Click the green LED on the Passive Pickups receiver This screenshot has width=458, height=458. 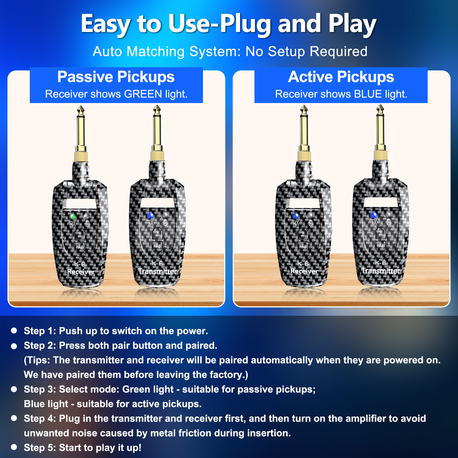tap(72, 216)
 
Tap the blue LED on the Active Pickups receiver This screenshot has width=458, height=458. tap(295, 216)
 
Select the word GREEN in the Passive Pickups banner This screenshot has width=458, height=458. tap(143, 94)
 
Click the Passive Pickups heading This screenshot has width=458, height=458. tap(116, 77)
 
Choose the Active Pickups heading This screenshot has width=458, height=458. tap(341, 77)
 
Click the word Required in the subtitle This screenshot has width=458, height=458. tap(338, 51)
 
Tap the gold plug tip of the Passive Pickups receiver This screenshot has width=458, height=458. tap(80, 110)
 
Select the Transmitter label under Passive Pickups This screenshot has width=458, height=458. tap(158, 271)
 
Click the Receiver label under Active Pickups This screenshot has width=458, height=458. tap(304, 271)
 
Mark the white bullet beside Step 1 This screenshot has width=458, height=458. tap(15, 330)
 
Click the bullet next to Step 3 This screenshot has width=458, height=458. tap(15, 389)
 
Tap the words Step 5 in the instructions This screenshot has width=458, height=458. tap(40, 447)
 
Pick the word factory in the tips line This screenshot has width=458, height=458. tap(221, 375)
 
